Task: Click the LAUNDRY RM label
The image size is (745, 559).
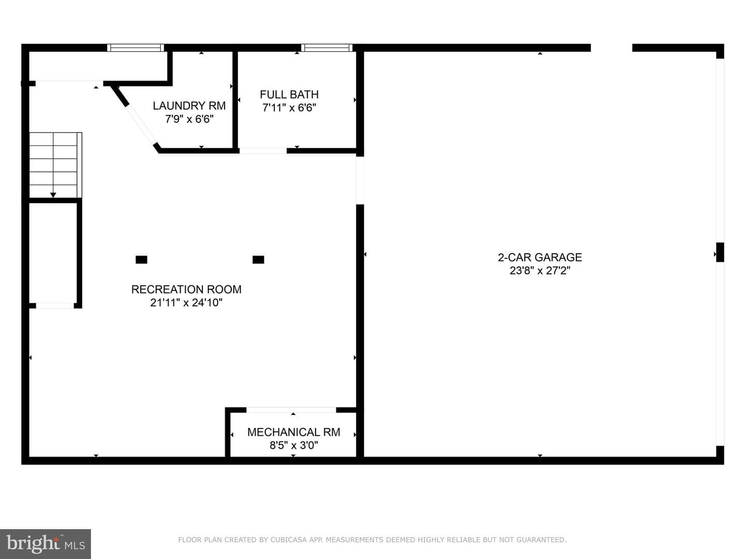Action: coord(189,106)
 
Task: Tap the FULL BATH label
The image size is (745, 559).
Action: coord(289,94)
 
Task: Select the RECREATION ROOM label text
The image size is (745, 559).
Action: coord(186,289)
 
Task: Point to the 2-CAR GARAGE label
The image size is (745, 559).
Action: coord(540,257)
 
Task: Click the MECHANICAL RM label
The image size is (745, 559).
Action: coord(293,432)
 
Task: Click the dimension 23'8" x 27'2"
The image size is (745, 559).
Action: coord(540,271)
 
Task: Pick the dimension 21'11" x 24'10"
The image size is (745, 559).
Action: coord(186,302)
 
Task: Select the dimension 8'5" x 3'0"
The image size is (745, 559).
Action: coord(293,445)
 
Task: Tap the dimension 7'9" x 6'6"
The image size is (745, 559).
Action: coord(189,119)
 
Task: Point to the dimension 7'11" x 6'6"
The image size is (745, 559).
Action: coord(289,108)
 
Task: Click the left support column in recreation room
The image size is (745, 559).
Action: coord(142,260)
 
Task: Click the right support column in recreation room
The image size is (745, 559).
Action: coord(258,260)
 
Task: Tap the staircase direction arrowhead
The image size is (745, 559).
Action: coord(53,195)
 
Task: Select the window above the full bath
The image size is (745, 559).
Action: coord(326,48)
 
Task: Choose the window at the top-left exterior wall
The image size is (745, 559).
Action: coord(136,48)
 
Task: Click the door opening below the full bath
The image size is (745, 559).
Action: coord(263,151)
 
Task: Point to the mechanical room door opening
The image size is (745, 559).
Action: coord(291,410)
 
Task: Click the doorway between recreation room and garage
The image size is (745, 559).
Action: coord(360,181)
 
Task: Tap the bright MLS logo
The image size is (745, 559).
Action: coord(46,544)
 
